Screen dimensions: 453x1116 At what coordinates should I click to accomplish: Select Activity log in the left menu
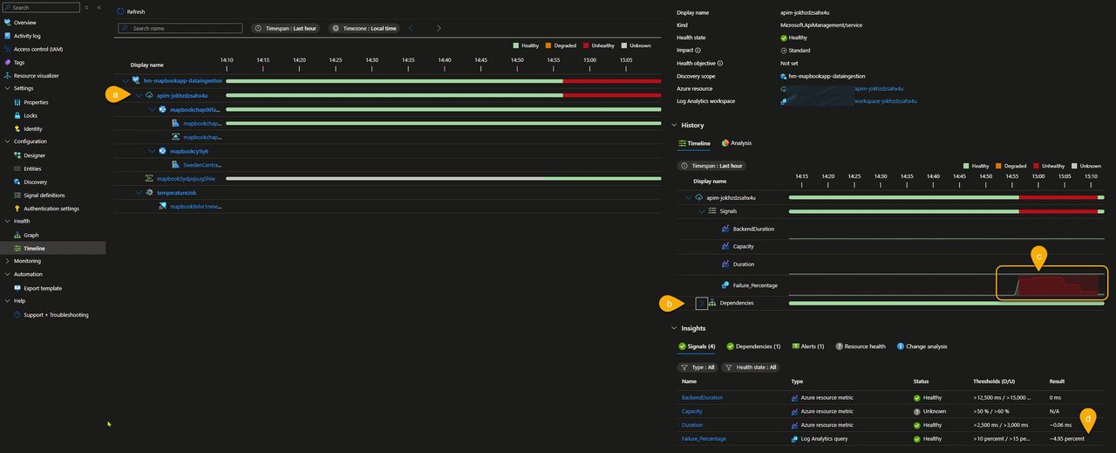[27, 36]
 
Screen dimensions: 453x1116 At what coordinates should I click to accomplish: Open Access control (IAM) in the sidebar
[37, 49]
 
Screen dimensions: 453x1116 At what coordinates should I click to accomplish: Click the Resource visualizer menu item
[36, 76]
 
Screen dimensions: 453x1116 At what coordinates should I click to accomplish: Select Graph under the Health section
[31, 235]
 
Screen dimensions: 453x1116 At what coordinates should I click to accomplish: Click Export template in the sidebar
[43, 288]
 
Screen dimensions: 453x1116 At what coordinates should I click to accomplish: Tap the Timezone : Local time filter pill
[364, 28]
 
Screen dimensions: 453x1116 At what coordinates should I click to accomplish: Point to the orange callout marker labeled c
[1038, 256]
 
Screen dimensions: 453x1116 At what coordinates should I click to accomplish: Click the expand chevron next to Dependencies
[701, 303]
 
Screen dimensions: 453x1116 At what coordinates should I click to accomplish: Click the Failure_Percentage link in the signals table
[703, 438]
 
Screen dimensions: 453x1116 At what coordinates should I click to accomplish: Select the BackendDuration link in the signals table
[702, 397]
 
